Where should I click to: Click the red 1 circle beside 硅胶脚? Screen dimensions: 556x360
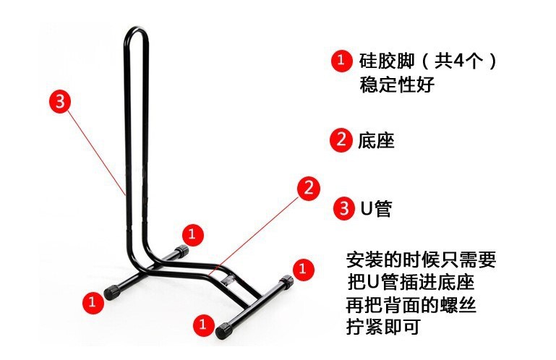(x=341, y=61)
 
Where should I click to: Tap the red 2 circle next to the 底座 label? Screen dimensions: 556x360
(x=340, y=140)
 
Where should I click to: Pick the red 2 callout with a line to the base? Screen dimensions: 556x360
(x=307, y=189)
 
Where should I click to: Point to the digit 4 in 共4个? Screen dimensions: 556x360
(x=453, y=61)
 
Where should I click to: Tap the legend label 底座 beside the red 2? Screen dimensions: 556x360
(x=376, y=140)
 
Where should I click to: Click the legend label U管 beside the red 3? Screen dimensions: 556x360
(x=376, y=210)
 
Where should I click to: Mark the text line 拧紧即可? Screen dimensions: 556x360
(x=383, y=326)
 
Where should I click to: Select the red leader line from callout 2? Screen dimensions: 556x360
(x=260, y=231)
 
